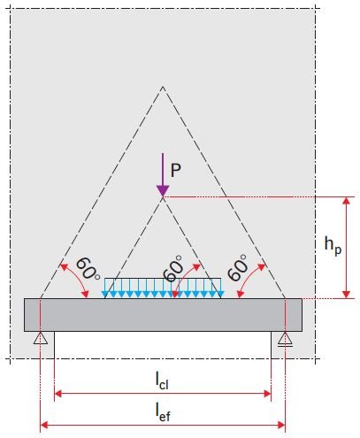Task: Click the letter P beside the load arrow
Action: pyautogui.click(x=176, y=170)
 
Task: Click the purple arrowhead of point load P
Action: pyautogui.click(x=163, y=190)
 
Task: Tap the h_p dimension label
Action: pyautogui.click(x=333, y=247)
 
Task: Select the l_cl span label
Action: pyautogui.click(x=162, y=380)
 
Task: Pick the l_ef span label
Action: pyautogui.click(x=163, y=412)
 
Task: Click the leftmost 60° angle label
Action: pyautogui.click(x=88, y=268)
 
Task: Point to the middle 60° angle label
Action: pyautogui.click(x=173, y=268)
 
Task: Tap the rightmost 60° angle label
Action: pyautogui.click(x=237, y=267)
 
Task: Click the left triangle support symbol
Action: pyautogui.click(x=41, y=338)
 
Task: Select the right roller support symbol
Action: pyautogui.click(x=285, y=339)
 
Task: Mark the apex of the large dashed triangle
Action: pyautogui.click(x=163, y=87)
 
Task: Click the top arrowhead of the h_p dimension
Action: pyautogui.click(x=347, y=201)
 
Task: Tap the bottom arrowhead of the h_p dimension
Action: pyautogui.click(x=347, y=295)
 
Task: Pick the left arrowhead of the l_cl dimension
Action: pyautogui.click(x=58, y=394)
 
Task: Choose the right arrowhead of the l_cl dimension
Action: pyautogui.click(x=267, y=394)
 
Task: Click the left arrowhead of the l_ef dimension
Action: pyautogui.click(x=44, y=425)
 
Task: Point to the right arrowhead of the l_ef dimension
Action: pyautogui.click(x=281, y=425)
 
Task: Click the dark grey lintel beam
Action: pyautogui.click(x=163, y=315)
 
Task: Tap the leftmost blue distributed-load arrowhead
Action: pyautogui.click(x=105, y=294)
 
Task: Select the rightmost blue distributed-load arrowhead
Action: pyautogui.click(x=220, y=294)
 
